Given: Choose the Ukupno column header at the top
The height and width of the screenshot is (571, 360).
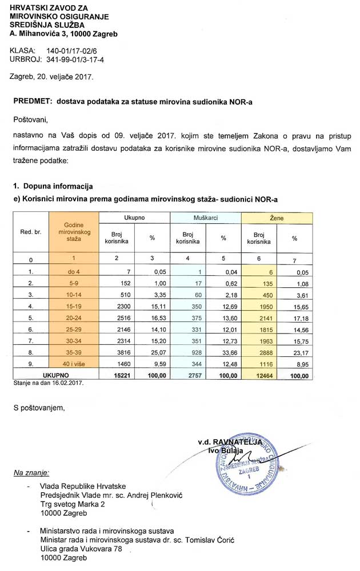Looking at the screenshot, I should tap(134, 218).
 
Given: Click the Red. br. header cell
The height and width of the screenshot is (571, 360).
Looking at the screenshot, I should tap(31, 233).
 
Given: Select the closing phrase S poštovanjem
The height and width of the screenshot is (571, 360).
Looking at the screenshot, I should tap(39, 408).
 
